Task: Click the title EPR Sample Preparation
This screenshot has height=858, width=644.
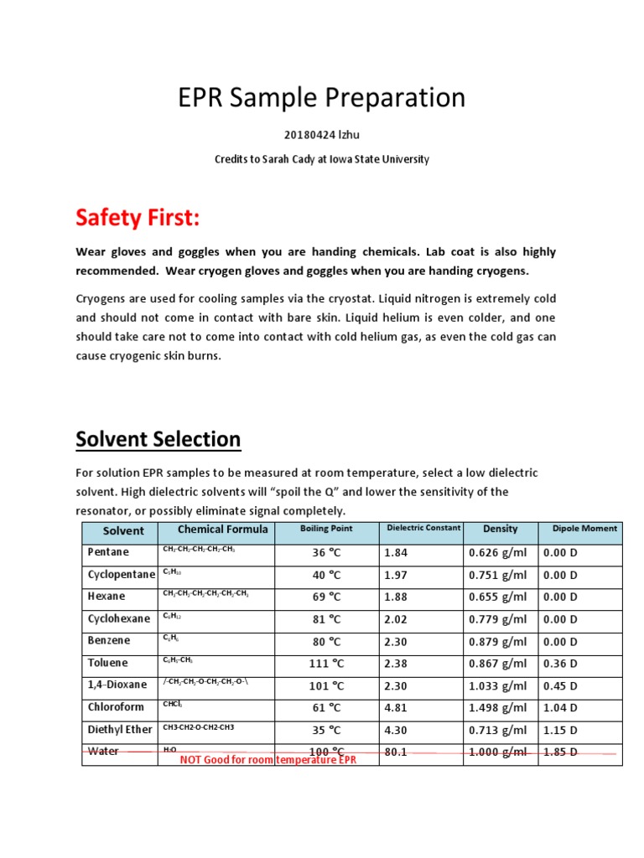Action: (x=321, y=98)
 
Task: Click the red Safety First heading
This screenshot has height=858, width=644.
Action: (x=138, y=219)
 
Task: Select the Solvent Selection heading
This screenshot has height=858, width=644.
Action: (x=158, y=439)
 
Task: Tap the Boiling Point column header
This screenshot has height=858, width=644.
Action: (x=326, y=529)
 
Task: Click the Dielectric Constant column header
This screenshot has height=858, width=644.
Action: (x=423, y=528)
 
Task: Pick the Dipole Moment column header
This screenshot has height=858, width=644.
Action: (x=584, y=529)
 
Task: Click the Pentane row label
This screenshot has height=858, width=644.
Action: (x=109, y=552)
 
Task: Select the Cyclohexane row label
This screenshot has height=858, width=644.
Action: (x=119, y=618)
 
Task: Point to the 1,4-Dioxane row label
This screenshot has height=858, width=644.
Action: (x=117, y=685)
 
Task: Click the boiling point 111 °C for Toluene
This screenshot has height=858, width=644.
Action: (x=326, y=663)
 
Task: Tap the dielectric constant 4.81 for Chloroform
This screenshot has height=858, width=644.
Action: (x=395, y=707)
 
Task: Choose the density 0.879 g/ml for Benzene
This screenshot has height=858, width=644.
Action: (x=498, y=641)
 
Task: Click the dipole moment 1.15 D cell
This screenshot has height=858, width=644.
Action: (x=560, y=730)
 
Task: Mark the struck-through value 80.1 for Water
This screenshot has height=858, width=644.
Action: (x=395, y=752)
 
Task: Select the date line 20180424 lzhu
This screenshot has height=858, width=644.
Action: (x=321, y=136)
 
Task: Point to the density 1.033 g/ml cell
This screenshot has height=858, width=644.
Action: (x=498, y=685)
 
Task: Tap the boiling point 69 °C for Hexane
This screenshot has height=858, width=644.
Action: (x=326, y=597)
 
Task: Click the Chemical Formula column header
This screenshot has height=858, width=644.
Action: (x=223, y=530)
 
